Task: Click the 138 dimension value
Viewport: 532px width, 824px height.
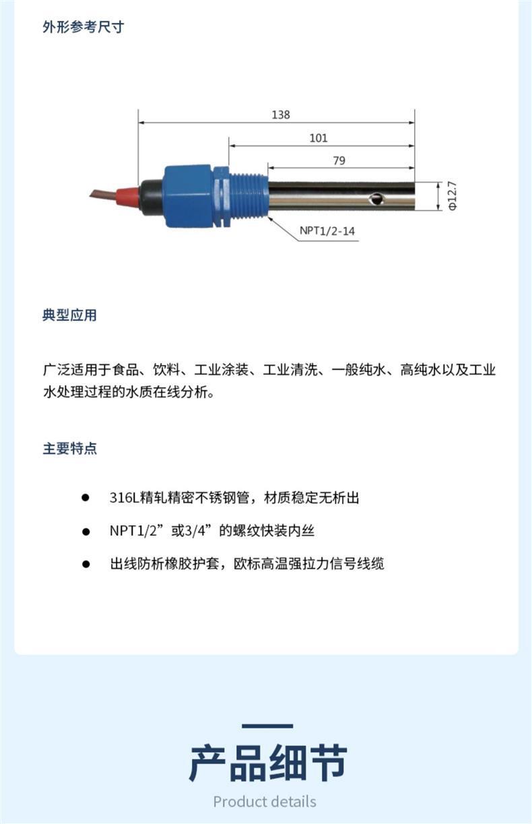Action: (281, 115)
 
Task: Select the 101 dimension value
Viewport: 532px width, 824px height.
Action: (319, 138)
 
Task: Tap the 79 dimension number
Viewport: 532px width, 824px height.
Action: (339, 160)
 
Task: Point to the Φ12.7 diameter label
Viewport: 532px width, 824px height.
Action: (453, 195)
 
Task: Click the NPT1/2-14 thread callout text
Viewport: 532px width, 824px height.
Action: (327, 231)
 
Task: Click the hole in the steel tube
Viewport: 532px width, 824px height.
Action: (376, 199)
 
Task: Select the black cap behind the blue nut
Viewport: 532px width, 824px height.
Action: (151, 197)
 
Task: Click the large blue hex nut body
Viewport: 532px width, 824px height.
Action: (188, 196)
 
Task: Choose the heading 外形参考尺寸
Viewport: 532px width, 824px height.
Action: (84, 27)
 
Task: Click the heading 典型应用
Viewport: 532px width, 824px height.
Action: (69, 315)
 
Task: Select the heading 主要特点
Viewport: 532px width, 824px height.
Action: (70, 449)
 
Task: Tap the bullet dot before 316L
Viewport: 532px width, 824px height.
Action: (86, 498)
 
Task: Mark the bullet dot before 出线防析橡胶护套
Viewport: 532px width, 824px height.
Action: (86, 564)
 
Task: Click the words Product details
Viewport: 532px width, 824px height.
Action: (265, 802)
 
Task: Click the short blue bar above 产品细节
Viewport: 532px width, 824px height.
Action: (267, 726)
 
